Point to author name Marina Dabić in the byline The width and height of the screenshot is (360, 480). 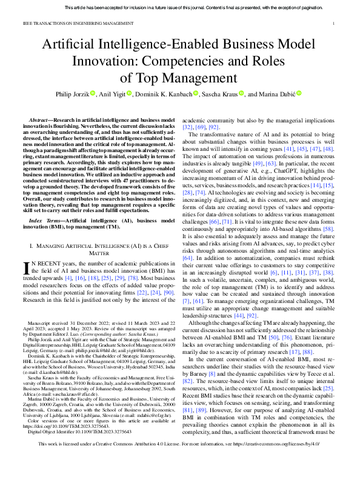tap(275, 93)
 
